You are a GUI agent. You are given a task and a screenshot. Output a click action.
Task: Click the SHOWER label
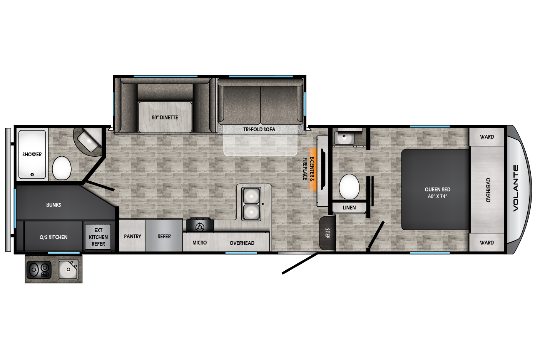tap(32, 154)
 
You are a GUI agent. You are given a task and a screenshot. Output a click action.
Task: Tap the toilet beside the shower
tap(62, 168)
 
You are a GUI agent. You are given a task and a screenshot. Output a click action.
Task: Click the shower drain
tap(32, 174)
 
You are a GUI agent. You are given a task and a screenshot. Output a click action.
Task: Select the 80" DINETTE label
tap(165, 117)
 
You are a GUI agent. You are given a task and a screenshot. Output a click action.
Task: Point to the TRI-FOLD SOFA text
tap(259, 129)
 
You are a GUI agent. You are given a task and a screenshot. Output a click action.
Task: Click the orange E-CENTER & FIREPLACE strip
tap(313, 169)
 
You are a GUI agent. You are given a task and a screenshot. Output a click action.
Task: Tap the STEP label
tap(328, 233)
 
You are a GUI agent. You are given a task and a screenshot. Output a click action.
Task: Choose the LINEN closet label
tap(349, 208)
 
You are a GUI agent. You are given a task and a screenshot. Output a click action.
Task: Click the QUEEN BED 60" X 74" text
tap(438, 193)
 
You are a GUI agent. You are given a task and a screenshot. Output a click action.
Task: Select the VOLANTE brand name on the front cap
tap(515, 188)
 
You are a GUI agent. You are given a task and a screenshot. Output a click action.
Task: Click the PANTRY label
tap(132, 236)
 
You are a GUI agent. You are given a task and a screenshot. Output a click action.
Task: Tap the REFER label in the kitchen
tap(164, 236)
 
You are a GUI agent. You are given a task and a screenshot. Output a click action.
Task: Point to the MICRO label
tap(200, 243)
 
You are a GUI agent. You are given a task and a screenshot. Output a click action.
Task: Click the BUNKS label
tap(53, 205)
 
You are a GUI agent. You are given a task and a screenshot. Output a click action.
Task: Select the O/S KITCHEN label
tap(53, 237)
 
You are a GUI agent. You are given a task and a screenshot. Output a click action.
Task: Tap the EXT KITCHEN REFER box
tap(98, 237)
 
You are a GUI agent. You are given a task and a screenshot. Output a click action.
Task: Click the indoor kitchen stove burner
tap(200, 227)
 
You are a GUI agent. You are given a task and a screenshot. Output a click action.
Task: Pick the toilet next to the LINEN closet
tap(349, 187)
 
